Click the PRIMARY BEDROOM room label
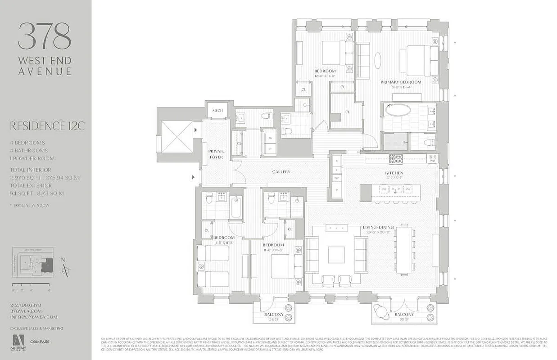401,82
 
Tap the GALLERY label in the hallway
281,172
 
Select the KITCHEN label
394,173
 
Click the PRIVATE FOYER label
216,154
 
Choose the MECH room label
217,111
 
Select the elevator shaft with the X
177,136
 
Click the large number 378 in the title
45,37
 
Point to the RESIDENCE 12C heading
47,126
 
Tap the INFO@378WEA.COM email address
34,317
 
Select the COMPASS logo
40,342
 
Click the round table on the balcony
380,311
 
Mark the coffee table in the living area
336,255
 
